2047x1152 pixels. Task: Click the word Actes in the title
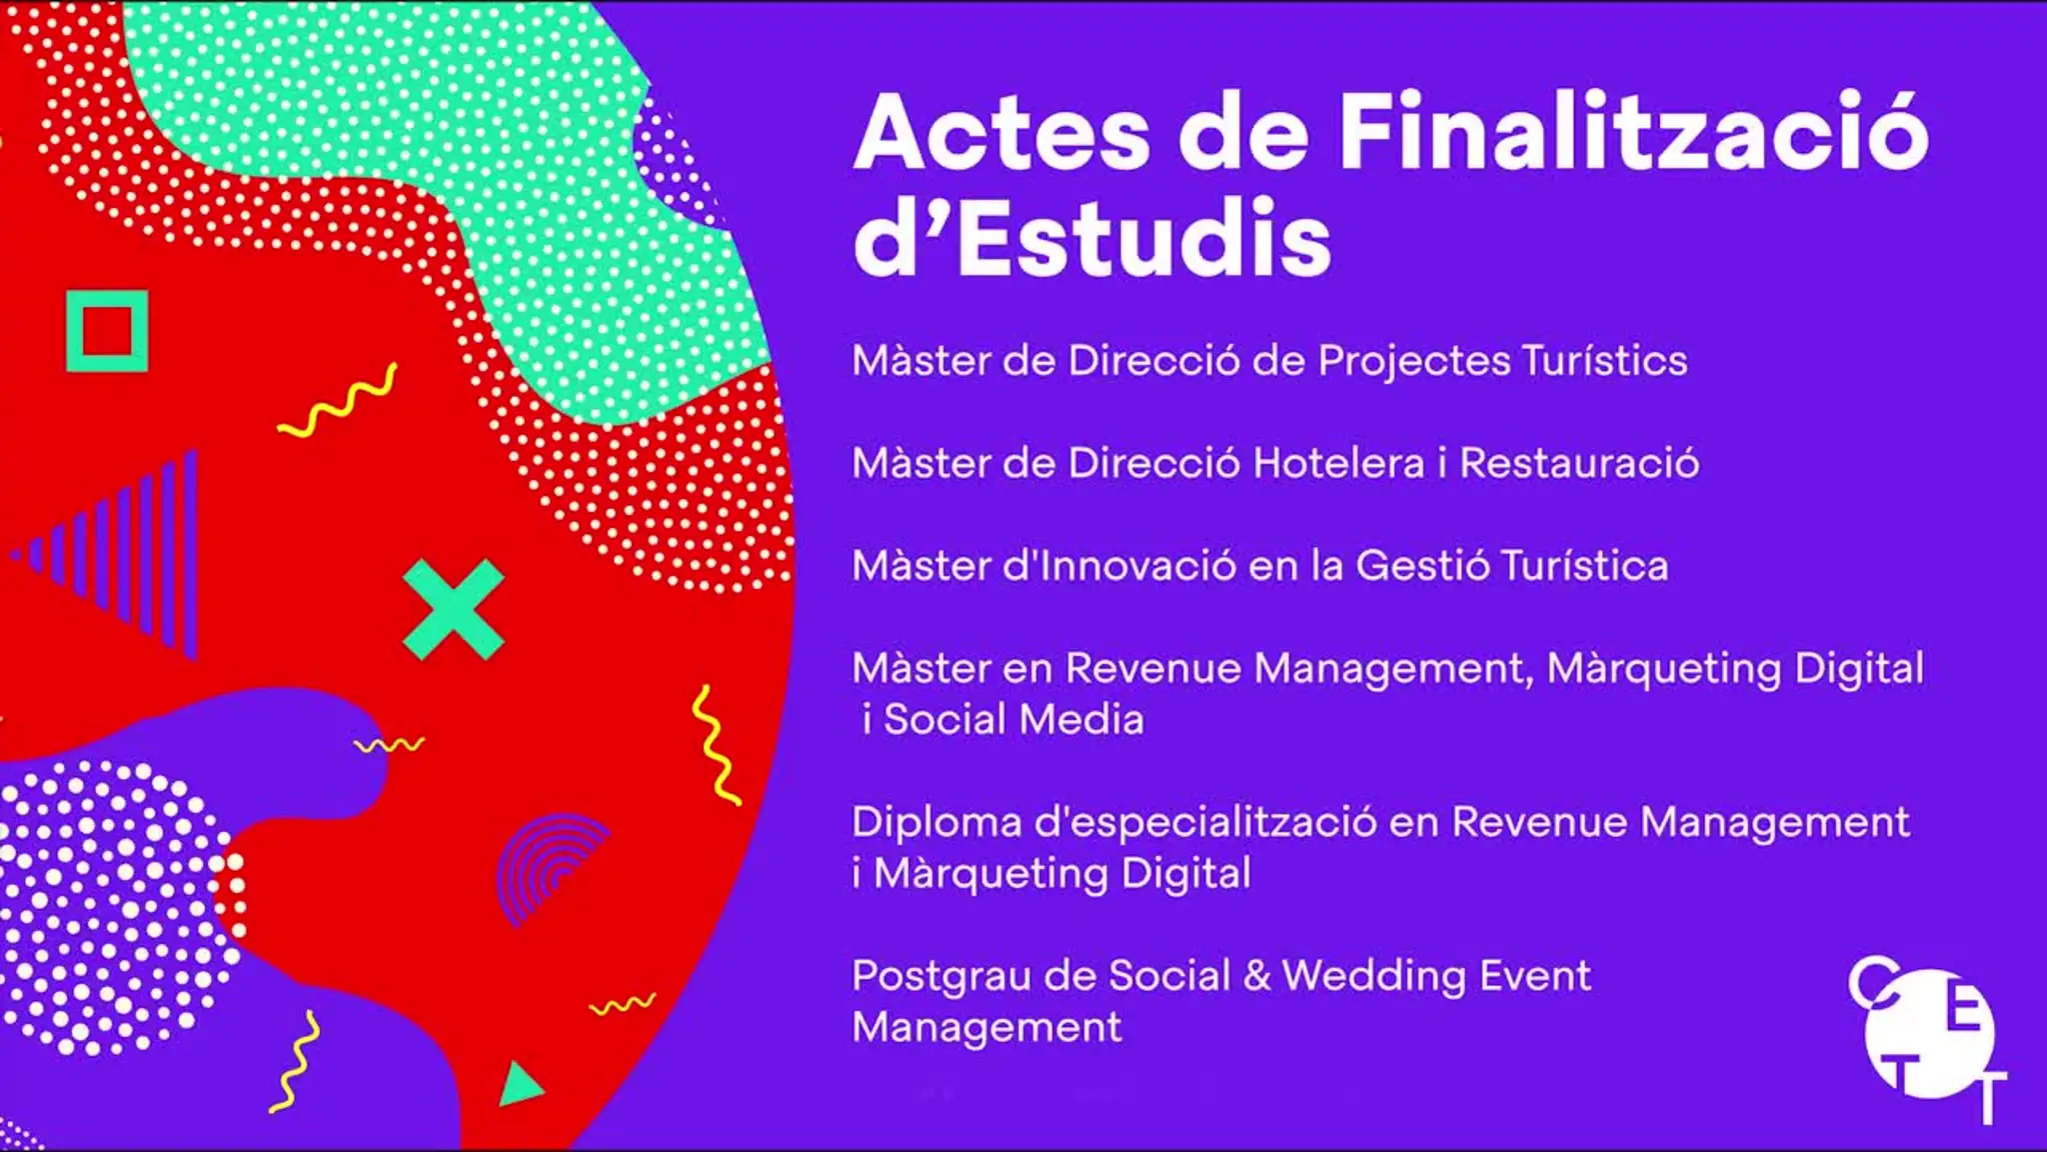1003,134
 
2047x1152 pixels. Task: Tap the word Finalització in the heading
1634,131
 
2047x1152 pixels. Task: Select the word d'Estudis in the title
1092,237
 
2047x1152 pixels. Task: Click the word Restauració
1579,463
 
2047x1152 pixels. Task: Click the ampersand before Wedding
1256,975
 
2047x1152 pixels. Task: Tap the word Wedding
1366,977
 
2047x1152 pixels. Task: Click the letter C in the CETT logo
1873,982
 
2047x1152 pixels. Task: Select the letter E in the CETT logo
1963,1013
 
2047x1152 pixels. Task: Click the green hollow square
107,296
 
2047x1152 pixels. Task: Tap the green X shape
454,610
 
